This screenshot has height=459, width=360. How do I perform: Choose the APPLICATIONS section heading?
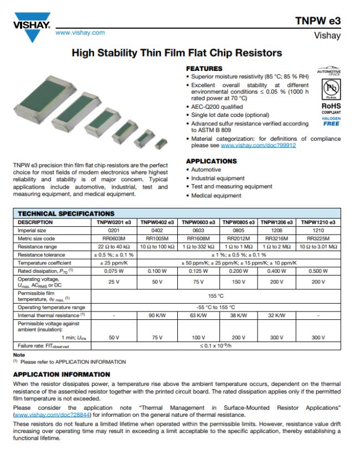[x=211, y=161]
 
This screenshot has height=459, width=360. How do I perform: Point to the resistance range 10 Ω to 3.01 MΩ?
[x=318, y=246]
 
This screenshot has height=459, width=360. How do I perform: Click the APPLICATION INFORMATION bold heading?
[x=61, y=375]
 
